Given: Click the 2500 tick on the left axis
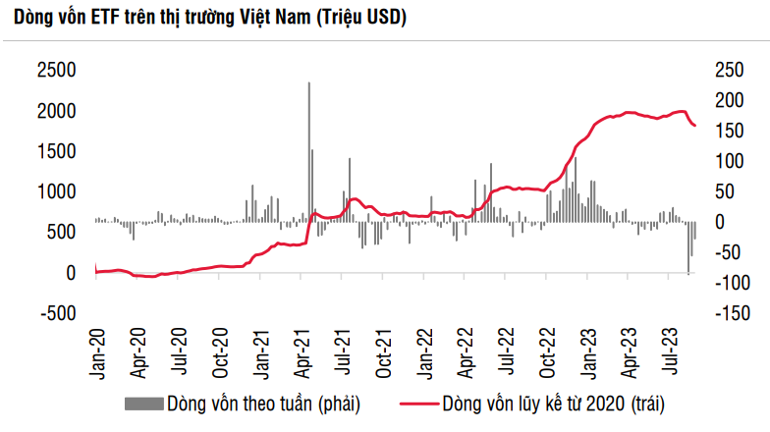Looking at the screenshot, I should tap(57, 70).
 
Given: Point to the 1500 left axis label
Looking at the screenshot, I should tap(57, 150).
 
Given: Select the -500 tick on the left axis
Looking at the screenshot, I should tap(57, 313).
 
